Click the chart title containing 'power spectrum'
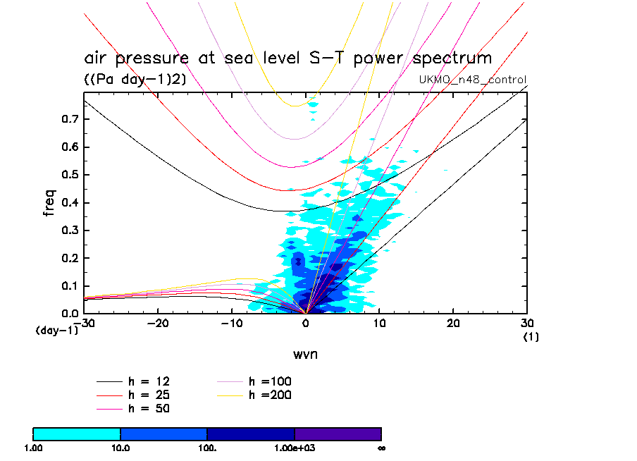tap(287, 58)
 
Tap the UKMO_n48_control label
tap(472, 79)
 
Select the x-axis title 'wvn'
tap(305, 353)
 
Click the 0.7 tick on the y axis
tap(69, 120)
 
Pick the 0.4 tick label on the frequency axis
tap(69, 203)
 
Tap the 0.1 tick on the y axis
tap(69, 285)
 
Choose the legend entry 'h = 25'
tap(148, 395)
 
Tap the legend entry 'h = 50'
tap(148, 408)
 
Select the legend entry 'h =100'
tap(270, 381)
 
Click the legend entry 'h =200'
tap(270, 395)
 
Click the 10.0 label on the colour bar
tap(120, 448)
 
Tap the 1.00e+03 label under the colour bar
tap(295, 448)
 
